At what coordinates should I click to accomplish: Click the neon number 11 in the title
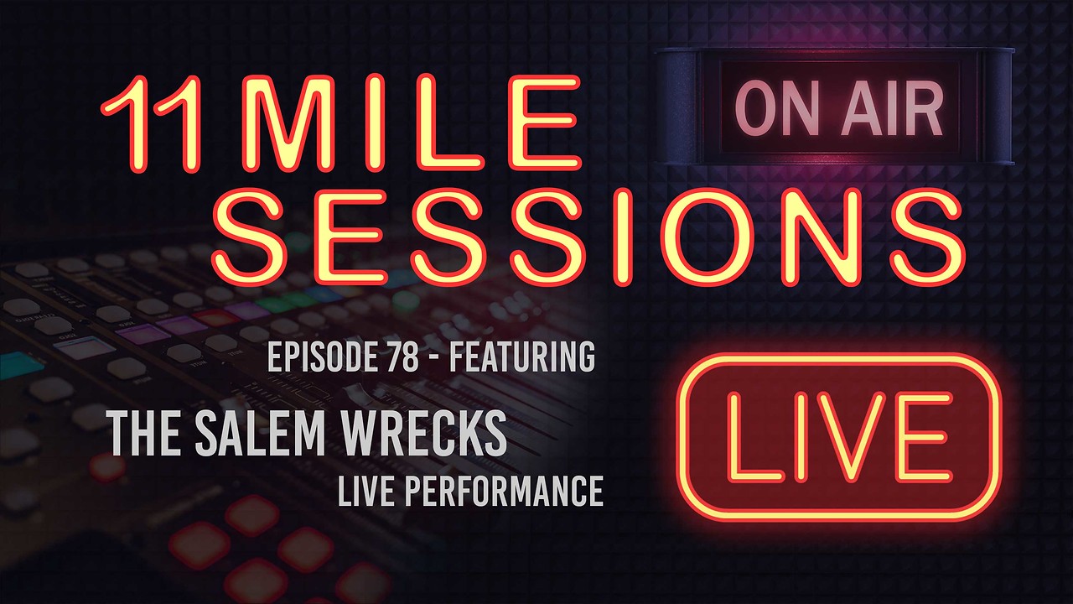coord(150,123)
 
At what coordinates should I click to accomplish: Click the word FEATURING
coord(522,357)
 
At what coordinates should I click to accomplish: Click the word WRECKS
coord(424,434)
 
